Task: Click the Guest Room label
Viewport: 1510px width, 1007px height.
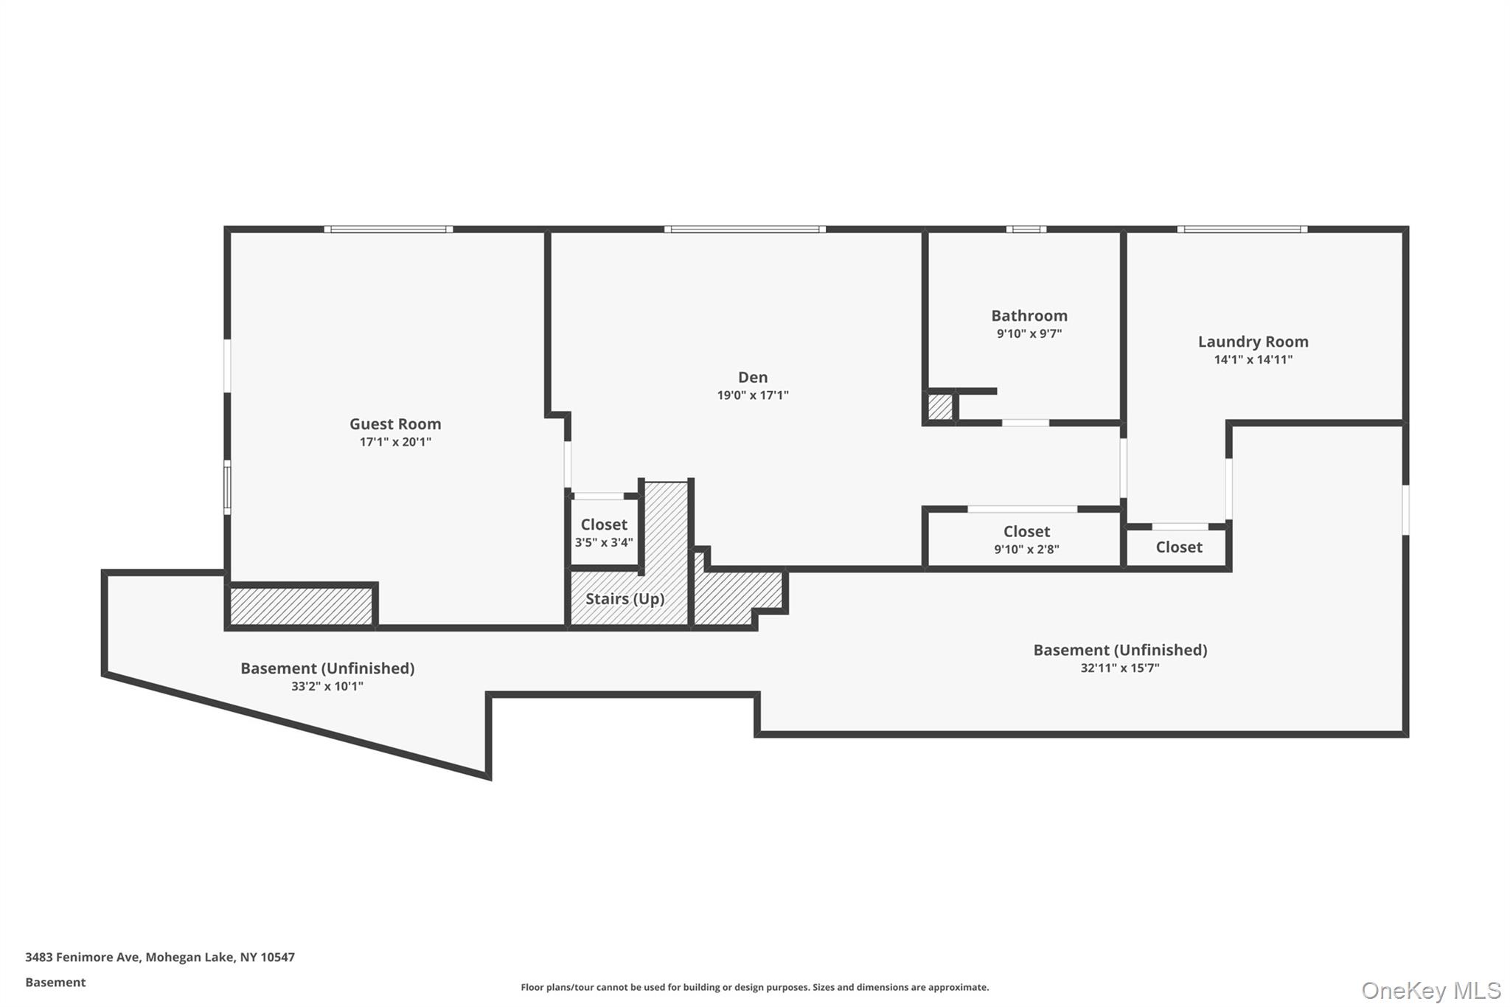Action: pyautogui.click(x=395, y=424)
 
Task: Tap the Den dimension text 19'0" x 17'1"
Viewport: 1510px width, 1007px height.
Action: pyautogui.click(x=753, y=395)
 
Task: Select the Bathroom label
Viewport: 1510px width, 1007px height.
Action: pyautogui.click(x=1029, y=316)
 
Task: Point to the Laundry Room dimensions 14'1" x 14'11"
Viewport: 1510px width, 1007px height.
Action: pyautogui.click(x=1253, y=360)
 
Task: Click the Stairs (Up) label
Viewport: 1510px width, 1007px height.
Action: pyautogui.click(x=624, y=598)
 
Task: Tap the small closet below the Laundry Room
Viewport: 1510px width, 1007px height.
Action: pyautogui.click(x=1178, y=547)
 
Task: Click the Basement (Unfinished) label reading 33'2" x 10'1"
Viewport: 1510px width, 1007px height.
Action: pyautogui.click(x=327, y=668)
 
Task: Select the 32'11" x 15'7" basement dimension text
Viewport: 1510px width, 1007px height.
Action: pyautogui.click(x=1120, y=668)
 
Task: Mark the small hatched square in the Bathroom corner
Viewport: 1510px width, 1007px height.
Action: pyautogui.click(x=940, y=407)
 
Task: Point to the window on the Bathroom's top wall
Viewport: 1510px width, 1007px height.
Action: pyautogui.click(x=1026, y=229)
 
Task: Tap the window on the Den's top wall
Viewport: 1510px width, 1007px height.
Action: pyautogui.click(x=745, y=229)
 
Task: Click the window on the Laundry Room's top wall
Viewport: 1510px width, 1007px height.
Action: pyautogui.click(x=1242, y=229)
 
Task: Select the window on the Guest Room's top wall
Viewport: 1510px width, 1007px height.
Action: pyautogui.click(x=389, y=229)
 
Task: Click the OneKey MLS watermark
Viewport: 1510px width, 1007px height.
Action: pyautogui.click(x=1430, y=990)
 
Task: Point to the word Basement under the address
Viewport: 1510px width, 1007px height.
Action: pyautogui.click(x=55, y=983)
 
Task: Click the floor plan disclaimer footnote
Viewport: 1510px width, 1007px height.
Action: pyautogui.click(x=754, y=987)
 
